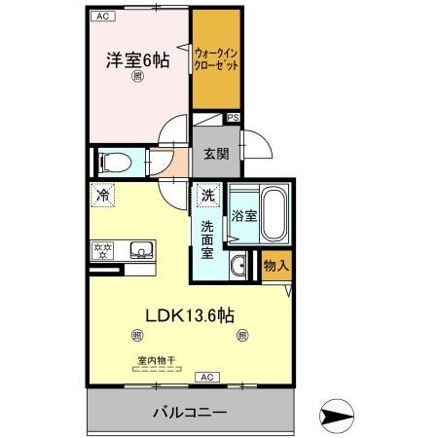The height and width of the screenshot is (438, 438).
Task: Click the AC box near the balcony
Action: point(207,377)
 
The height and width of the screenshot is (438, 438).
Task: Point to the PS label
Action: point(233,119)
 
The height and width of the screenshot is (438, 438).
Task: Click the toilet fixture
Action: point(112,161)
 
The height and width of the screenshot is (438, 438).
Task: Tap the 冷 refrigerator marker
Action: point(103,196)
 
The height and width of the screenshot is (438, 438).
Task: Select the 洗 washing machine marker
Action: point(207,196)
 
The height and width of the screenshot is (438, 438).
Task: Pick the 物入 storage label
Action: point(276,263)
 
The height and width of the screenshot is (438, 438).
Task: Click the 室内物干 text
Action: point(155,360)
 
